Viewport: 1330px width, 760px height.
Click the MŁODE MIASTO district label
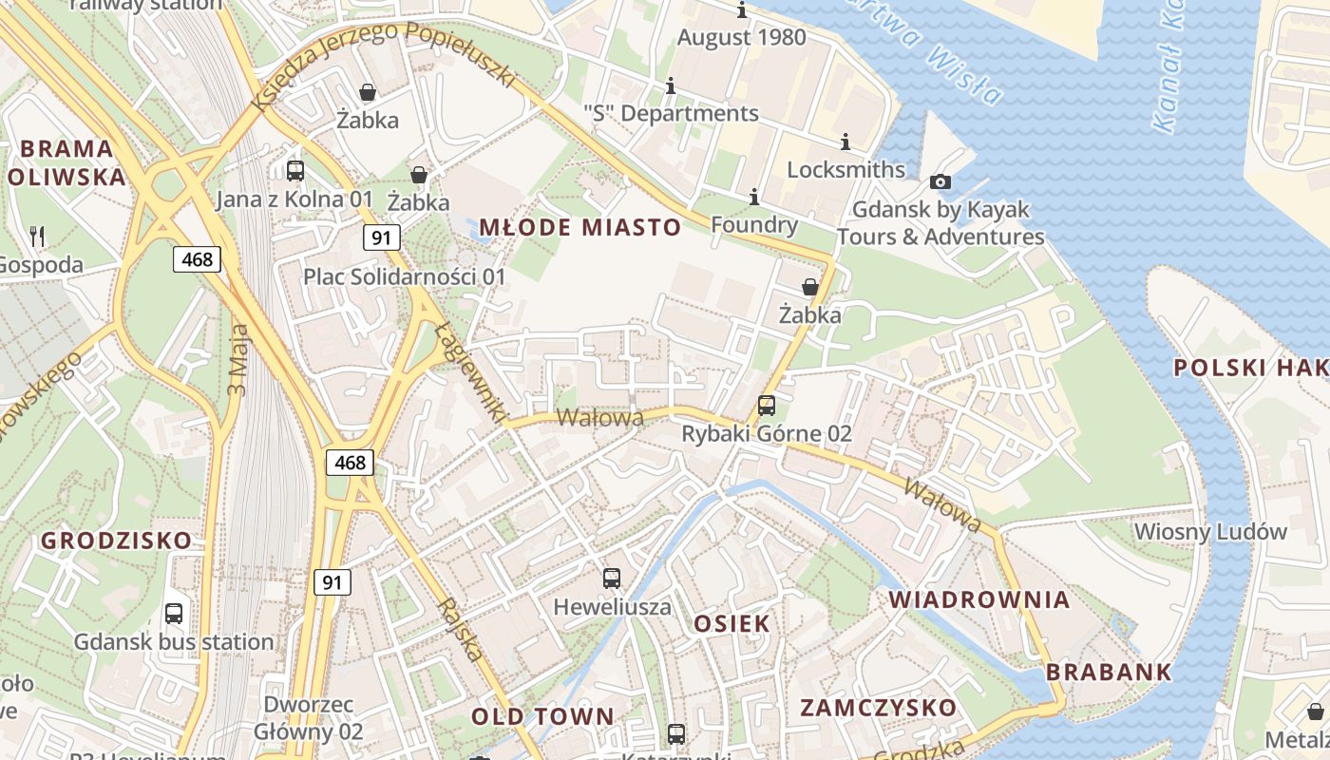pyautogui.click(x=580, y=227)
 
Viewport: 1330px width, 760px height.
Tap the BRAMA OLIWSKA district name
pyautogui.click(x=66, y=162)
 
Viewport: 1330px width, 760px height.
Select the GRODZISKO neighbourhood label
pyautogui.click(x=116, y=541)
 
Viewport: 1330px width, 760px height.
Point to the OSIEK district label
pyautogui.click(x=731, y=623)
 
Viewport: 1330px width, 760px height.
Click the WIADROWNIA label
pyautogui.click(x=979, y=599)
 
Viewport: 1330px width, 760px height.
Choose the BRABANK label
pyautogui.click(x=1110, y=672)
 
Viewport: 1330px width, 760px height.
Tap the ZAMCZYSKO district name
pyautogui.click(x=878, y=708)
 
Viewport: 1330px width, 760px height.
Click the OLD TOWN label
pyautogui.click(x=542, y=716)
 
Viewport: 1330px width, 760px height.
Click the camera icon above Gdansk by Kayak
pyautogui.click(x=940, y=181)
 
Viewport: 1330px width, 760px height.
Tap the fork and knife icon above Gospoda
pyautogui.click(x=37, y=236)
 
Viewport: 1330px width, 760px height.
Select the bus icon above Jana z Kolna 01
pyautogui.click(x=295, y=171)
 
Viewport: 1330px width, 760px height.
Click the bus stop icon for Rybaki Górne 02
pyautogui.click(x=767, y=406)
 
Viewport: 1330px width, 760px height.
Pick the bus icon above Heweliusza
pyautogui.click(x=612, y=578)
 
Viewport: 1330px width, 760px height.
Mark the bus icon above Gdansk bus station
pyautogui.click(x=174, y=614)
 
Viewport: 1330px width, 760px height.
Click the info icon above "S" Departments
pyautogui.click(x=671, y=86)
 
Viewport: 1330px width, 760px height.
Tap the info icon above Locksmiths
pyautogui.click(x=845, y=142)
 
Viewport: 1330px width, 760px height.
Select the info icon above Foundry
pyautogui.click(x=754, y=198)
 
